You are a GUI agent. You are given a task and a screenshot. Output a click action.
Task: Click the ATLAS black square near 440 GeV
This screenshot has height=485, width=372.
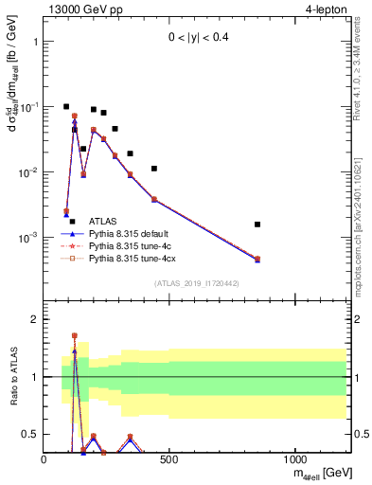click(x=154, y=169)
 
